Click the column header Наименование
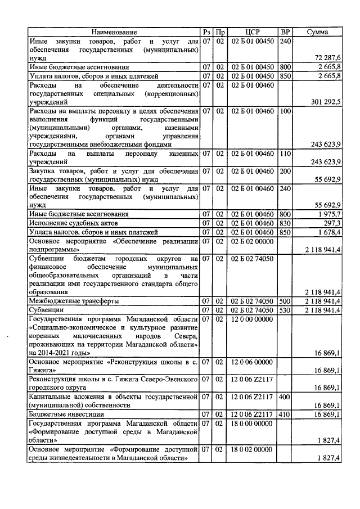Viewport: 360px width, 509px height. click(114, 33)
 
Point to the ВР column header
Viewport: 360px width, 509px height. click(286, 33)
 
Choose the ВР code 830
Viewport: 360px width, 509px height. click(286, 223)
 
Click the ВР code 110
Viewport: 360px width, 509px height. click(286, 154)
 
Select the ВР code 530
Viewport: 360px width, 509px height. click(286, 310)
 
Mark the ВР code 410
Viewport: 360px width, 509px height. click(286, 415)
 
